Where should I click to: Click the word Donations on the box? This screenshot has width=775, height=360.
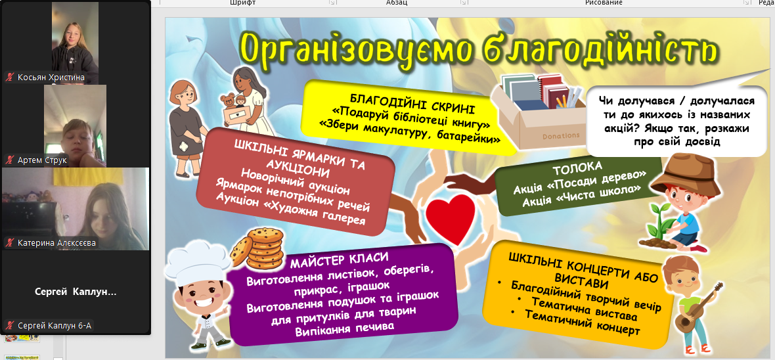point(560,135)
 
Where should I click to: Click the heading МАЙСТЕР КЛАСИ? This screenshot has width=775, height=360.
point(339,261)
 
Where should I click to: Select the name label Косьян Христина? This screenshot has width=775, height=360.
point(51,77)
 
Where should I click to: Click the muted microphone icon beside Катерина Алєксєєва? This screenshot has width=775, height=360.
point(9,243)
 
